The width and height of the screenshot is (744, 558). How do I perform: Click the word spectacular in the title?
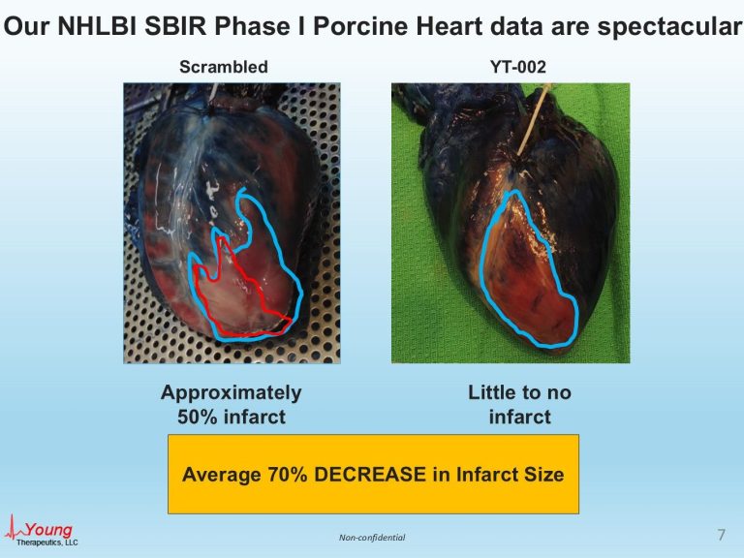click(669, 27)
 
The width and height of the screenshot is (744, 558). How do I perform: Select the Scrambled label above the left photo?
click(224, 67)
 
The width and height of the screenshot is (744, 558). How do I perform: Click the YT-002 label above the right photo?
click(517, 67)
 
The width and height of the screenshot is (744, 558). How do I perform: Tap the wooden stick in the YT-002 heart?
click(534, 121)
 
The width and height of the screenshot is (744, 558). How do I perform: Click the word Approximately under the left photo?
click(232, 394)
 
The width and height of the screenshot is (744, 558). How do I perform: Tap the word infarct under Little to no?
click(519, 418)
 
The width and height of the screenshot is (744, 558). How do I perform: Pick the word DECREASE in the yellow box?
click(370, 475)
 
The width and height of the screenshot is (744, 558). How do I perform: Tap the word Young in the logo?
click(48, 530)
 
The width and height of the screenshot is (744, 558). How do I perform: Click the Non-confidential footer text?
click(372, 538)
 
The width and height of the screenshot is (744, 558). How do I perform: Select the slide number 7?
click(721, 535)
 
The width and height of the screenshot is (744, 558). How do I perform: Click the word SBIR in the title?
click(175, 26)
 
